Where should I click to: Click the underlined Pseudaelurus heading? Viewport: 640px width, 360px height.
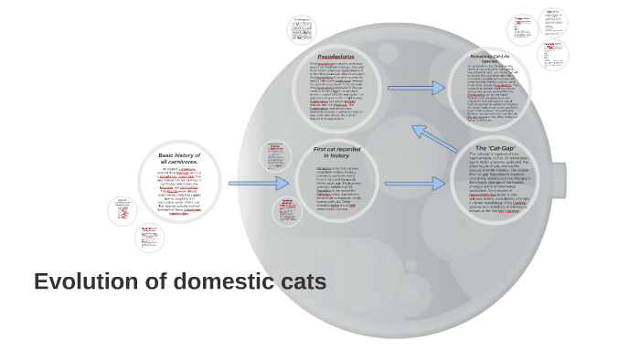(336, 57)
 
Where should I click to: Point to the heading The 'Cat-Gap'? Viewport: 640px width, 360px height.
(495, 148)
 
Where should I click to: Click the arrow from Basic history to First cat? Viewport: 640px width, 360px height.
(258, 183)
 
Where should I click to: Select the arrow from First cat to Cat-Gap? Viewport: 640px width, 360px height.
(414, 183)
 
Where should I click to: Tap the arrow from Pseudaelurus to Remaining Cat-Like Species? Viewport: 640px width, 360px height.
(416, 88)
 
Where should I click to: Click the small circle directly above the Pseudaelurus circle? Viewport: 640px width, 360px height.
(302, 29)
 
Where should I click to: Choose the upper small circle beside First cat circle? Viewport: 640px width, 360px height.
(274, 156)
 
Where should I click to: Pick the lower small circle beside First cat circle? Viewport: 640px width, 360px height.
(287, 212)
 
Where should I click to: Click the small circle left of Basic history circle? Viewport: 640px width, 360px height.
(123, 211)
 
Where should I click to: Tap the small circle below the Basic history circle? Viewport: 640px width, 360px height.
(148, 238)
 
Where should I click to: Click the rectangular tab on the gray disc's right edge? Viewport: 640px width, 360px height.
(557, 180)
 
